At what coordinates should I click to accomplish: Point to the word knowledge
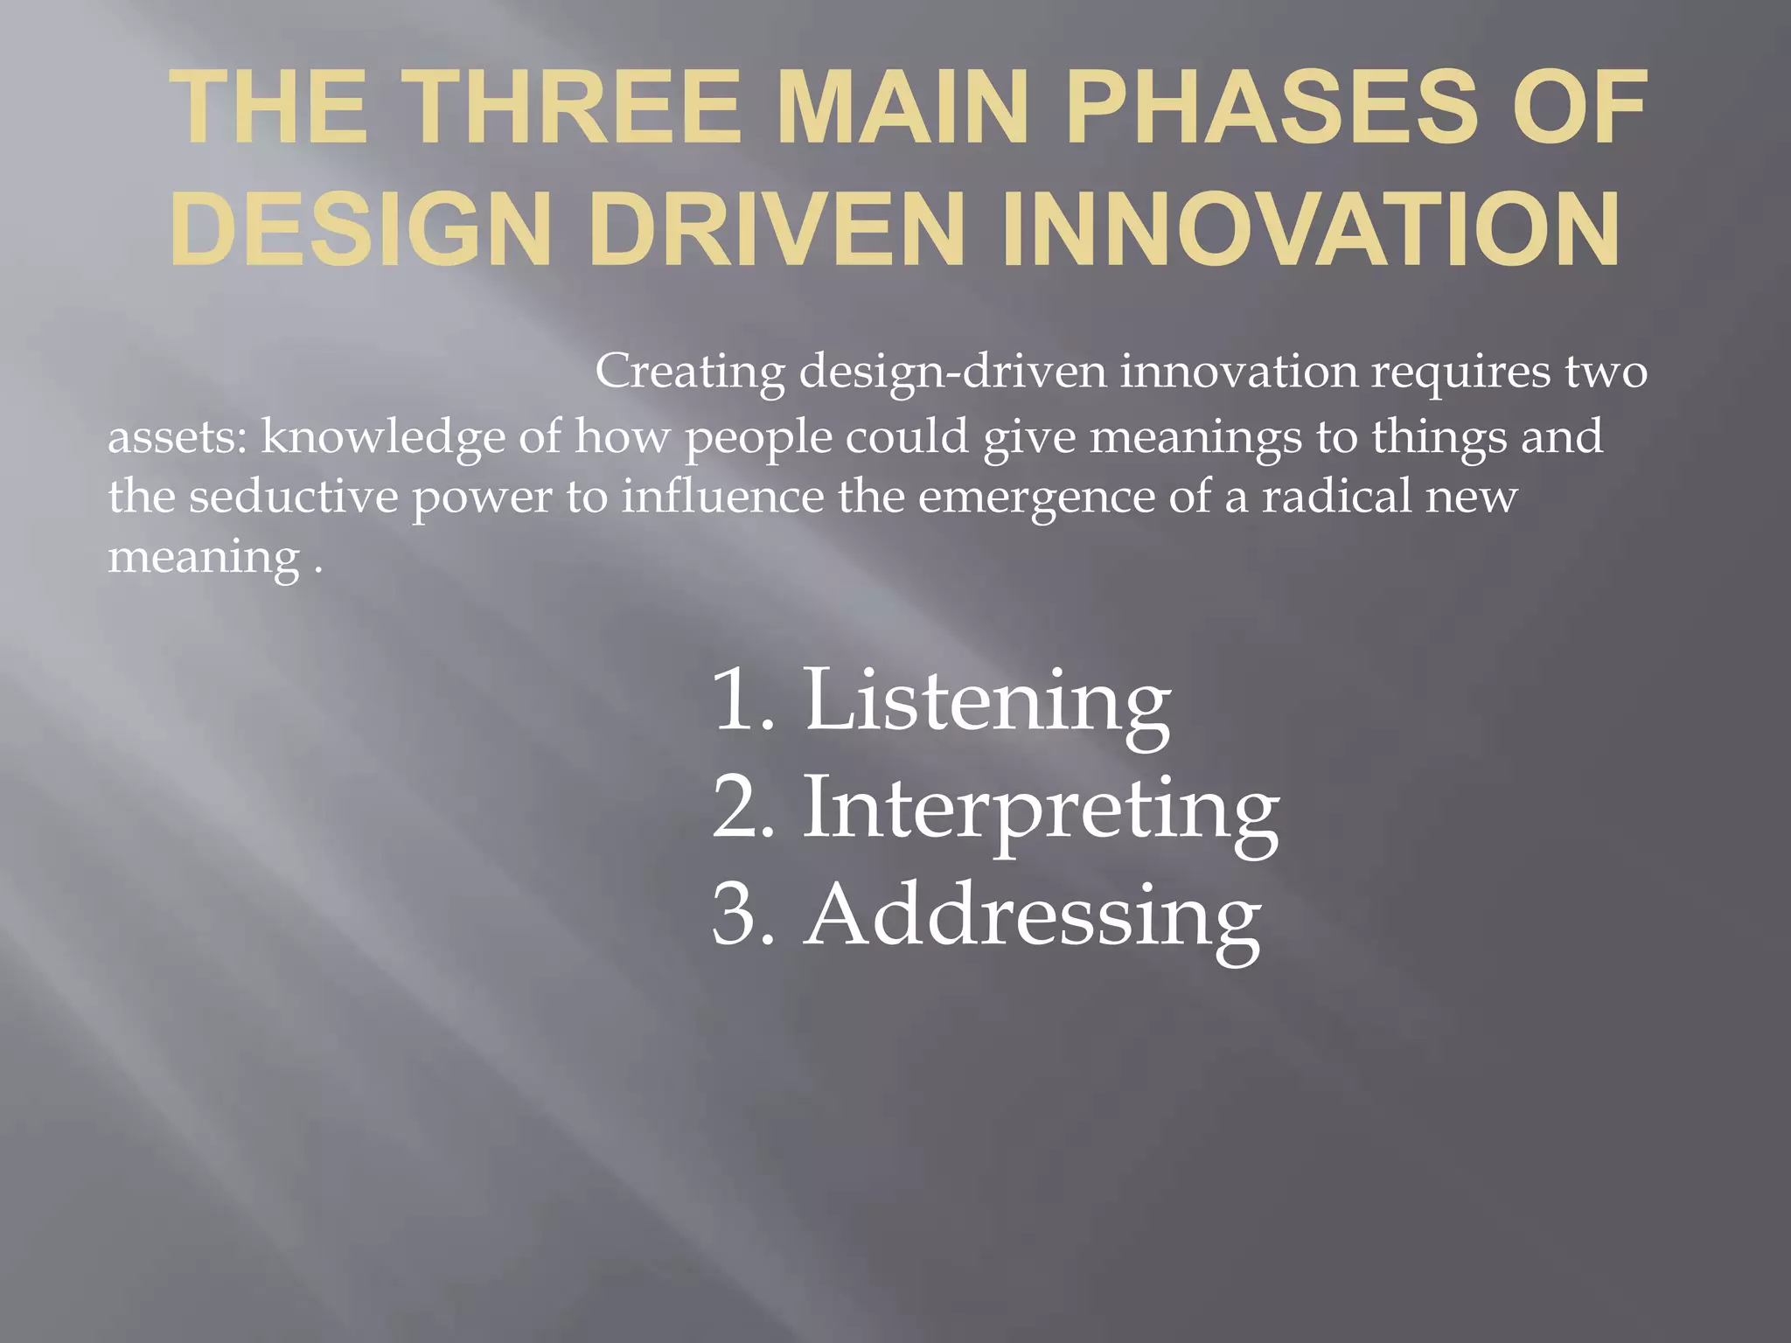pos(383,436)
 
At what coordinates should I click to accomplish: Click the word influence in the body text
pos(722,496)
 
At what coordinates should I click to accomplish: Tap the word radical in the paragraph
pos(1336,496)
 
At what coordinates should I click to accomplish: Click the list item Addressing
pos(1032,916)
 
